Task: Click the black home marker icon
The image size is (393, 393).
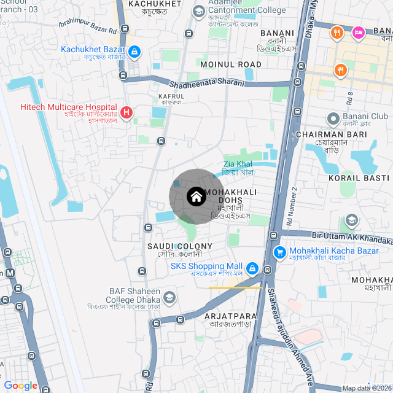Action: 196,197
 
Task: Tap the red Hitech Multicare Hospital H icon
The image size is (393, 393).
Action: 126,112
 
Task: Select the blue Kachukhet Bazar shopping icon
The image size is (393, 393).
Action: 134,52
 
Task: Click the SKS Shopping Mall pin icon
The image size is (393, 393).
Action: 252,268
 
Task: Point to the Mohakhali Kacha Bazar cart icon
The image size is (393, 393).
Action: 280,252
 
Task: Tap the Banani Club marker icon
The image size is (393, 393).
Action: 333,117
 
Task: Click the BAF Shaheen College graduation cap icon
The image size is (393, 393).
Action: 169,298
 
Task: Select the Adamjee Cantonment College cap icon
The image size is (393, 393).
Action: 199,11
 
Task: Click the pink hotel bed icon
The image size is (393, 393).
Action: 359,32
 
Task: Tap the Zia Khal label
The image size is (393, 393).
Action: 238,164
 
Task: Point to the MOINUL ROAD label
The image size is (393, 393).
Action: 230,64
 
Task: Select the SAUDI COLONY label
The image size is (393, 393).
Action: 179,246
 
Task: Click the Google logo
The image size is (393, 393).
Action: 20,385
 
